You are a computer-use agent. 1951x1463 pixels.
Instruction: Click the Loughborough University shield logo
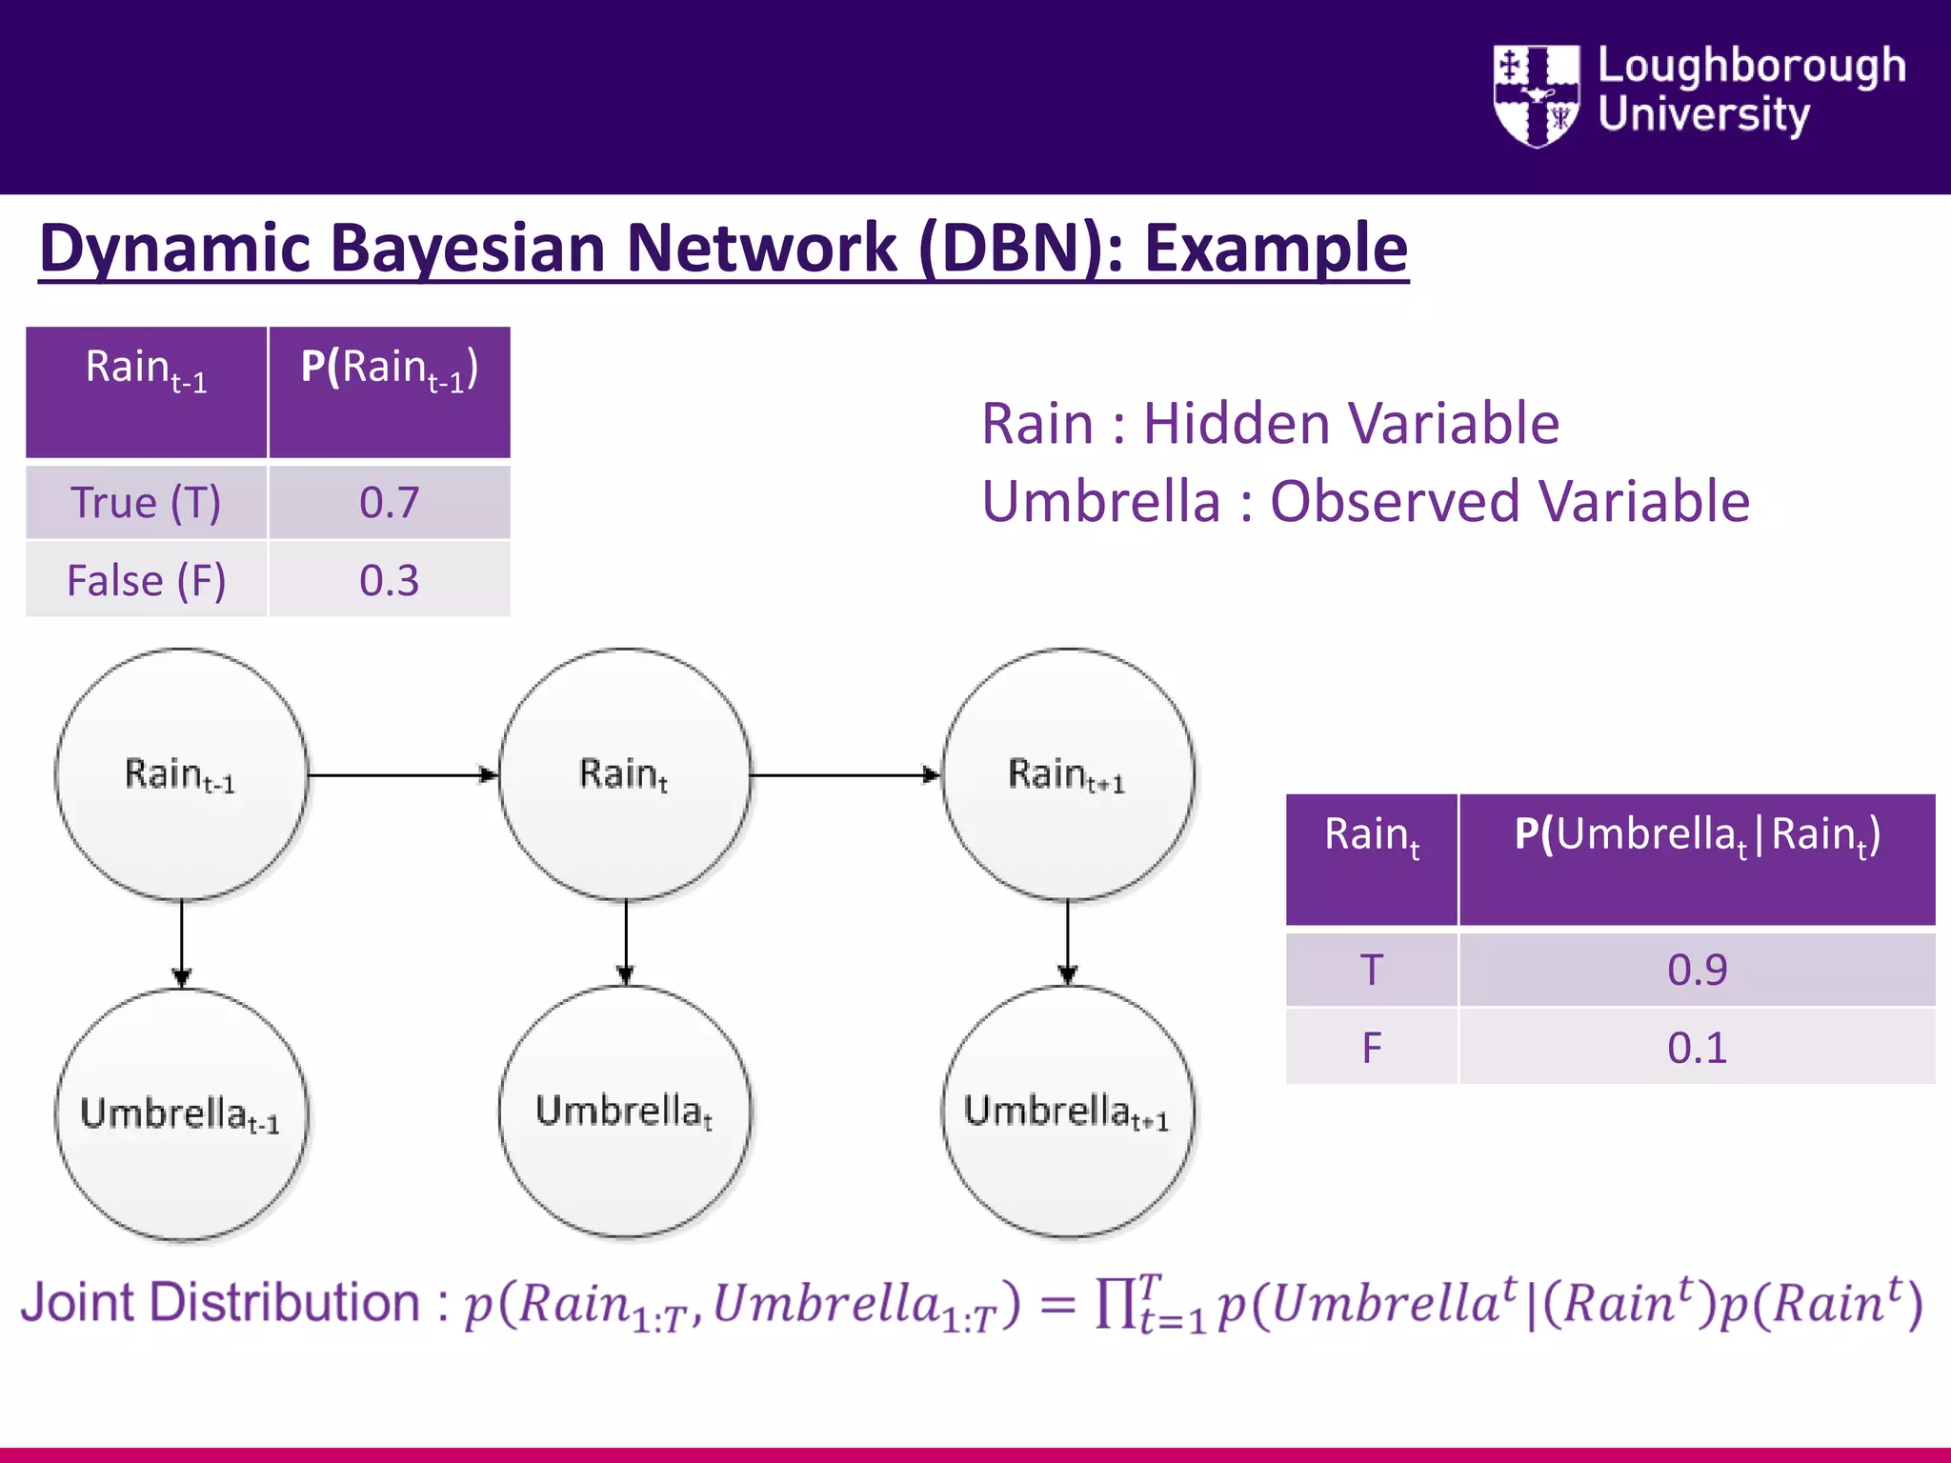point(1536,95)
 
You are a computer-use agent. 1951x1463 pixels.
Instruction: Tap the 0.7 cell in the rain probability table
point(389,502)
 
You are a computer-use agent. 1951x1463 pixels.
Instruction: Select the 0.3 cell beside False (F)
point(389,580)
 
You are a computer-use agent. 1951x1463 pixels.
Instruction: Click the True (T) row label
point(146,502)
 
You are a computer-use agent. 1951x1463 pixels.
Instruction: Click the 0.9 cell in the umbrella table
point(1697,970)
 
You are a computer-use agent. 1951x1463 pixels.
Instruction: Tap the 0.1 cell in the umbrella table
point(1697,1048)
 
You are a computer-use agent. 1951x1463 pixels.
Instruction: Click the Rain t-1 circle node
point(181,773)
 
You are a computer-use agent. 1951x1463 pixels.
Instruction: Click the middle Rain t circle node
point(625,773)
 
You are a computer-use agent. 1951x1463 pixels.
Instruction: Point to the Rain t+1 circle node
point(1068,773)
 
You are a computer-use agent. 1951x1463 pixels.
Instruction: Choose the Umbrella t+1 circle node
point(1068,1111)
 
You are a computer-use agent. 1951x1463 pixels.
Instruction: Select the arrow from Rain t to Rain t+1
point(844,775)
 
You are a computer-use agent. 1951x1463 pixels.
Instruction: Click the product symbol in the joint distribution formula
point(1115,1303)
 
